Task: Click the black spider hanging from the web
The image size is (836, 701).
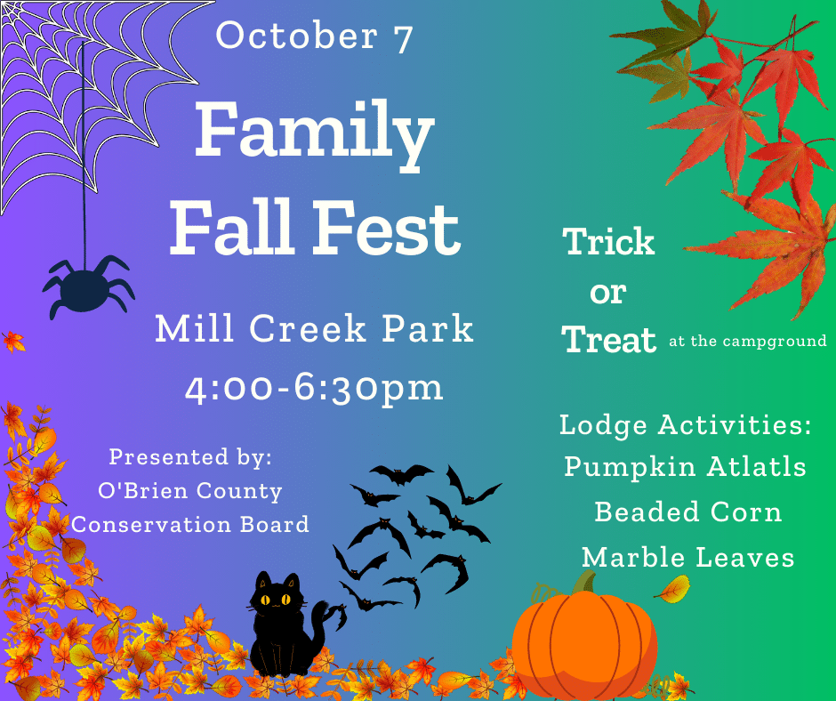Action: pos(88,288)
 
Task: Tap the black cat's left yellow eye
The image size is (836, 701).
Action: pos(265,600)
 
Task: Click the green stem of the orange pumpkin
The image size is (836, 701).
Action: pos(586,582)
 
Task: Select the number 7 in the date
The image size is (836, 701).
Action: pos(404,38)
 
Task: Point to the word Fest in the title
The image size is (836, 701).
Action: pos(386,228)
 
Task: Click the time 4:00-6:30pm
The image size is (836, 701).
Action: pos(314,389)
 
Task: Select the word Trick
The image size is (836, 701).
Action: pos(609,242)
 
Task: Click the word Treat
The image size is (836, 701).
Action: pos(609,340)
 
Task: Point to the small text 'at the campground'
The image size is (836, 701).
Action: pos(747,342)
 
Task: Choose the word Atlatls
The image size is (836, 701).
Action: pos(756,467)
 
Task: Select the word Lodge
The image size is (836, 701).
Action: pos(603,426)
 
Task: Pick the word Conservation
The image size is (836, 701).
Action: pos(151,525)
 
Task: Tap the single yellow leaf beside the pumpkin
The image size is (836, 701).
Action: pos(673,589)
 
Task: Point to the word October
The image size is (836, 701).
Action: pos(297,36)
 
